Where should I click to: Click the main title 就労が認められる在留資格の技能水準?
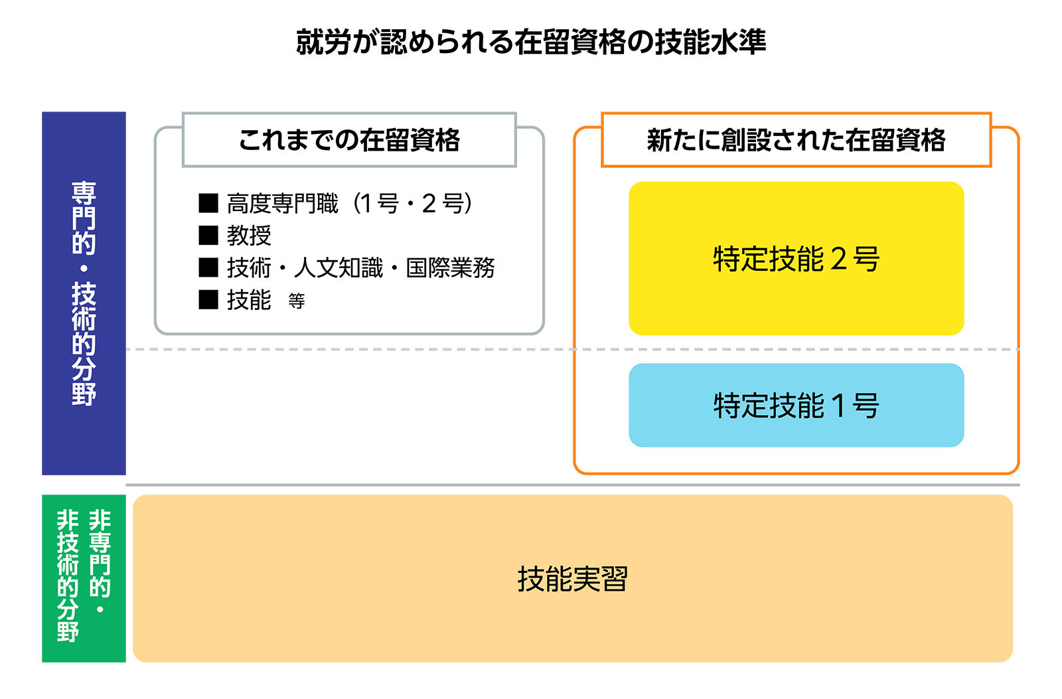tap(530, 42)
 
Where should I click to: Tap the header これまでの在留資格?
tap(349, 140)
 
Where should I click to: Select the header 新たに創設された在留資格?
tap(796, 140)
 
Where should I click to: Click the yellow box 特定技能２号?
tap(796, 258)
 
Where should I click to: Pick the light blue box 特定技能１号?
tap(796, 405)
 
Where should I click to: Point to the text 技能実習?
tap(572, 579)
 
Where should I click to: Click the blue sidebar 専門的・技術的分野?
tap(84, 293)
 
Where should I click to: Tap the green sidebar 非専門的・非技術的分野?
tap(84, 578)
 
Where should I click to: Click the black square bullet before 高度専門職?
tap(208, 203)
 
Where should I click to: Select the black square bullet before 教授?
tap(208, 235)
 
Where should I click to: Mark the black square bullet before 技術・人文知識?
tap(208, 268)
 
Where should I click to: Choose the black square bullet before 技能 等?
tap(208, 299)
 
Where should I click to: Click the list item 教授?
tap(249, 235)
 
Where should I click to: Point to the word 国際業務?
tap(451, 268)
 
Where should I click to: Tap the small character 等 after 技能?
tap(296, 301)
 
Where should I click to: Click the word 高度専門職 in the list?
tap(283, 203)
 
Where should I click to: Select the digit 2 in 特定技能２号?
tap(839, 259)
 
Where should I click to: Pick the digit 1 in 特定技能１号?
tap(838, 406)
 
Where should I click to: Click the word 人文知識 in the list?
tap(339, 268)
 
